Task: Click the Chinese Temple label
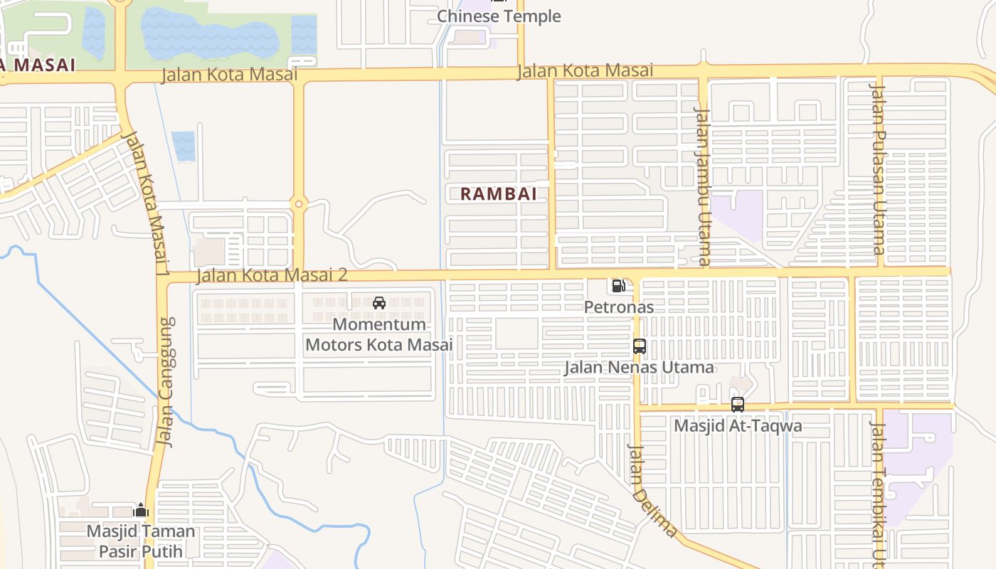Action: point(499,16)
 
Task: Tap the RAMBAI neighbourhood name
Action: point(498,193)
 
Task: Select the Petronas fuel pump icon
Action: point(618,286)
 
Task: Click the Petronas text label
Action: point(618,307)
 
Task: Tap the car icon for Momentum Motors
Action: point(379,303)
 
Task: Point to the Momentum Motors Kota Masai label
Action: point(379,334)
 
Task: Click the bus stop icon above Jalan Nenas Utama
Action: point(639,346)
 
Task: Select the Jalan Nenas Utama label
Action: point(639,367)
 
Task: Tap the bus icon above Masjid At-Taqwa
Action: point(738,405)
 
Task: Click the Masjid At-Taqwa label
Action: point(738,426)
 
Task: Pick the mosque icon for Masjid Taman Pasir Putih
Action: point(141,511)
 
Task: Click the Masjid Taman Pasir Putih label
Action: point(141,541)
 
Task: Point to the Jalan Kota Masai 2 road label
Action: point(272,275)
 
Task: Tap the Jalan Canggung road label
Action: point(166,382)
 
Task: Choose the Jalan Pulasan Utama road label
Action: point(879,169)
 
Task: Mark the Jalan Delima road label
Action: point(652,491)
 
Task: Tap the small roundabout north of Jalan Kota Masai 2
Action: point(299,204)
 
